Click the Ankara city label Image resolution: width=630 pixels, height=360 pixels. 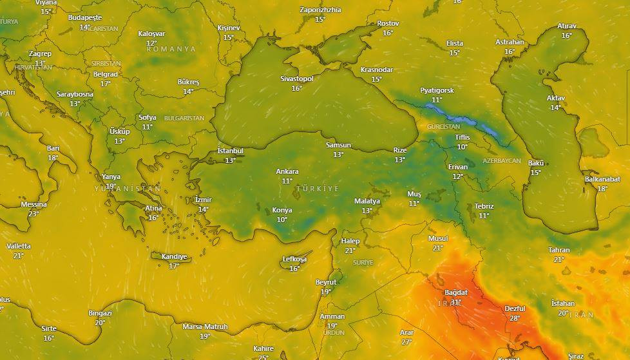287,171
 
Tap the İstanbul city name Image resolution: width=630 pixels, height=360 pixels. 230,151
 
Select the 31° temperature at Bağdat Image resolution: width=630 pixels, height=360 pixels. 456,301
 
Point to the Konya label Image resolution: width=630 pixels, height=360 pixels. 282,210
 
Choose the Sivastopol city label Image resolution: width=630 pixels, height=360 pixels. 296,79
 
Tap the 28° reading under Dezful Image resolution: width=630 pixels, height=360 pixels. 515,318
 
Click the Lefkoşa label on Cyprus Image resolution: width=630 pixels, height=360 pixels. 294,260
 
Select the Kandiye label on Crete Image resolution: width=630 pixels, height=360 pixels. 173,256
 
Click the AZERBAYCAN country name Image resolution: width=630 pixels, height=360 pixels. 501,160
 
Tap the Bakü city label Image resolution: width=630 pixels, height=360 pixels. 535,163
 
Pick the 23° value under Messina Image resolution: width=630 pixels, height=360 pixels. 33,213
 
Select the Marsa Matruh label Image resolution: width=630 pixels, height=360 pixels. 205,327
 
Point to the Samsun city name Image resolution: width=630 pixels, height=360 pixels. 338,145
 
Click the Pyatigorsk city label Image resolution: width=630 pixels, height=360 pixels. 437,90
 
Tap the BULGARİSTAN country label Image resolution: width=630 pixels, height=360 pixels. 184,118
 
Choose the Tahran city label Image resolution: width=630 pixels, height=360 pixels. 558,250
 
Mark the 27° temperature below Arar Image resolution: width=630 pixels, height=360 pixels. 406,341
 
